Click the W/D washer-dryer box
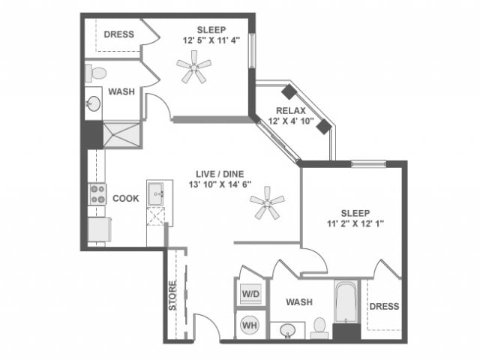(x=250, y=292)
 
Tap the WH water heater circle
(x=250, y=325)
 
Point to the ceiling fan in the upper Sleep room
(x=193, y=70)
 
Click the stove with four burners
(x=98, y=194)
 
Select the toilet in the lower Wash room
(x=319, y=327)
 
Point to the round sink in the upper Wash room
(x=94, y=103)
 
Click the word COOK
(x=124, y=199)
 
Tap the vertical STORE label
(x=172, y=296)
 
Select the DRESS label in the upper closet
(x=118, y=34)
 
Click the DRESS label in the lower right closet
(x=384, y=306)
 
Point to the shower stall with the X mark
(x=121, y=133)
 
